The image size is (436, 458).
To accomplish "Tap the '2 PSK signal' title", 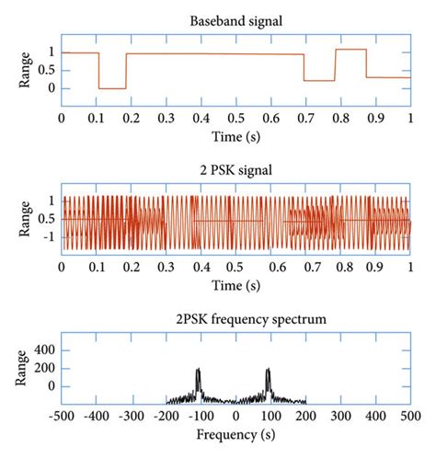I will (235, 169).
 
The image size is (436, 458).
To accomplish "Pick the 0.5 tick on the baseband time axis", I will (236, 118).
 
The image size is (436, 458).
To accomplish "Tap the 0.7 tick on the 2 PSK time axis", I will (306, 268).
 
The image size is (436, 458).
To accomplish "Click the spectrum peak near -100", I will (198, 371).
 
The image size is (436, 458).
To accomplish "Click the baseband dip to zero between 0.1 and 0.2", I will (112, 88).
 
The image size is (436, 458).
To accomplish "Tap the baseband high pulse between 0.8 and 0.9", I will (351, 50).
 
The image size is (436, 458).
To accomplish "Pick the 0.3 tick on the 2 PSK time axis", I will (166, 268).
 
